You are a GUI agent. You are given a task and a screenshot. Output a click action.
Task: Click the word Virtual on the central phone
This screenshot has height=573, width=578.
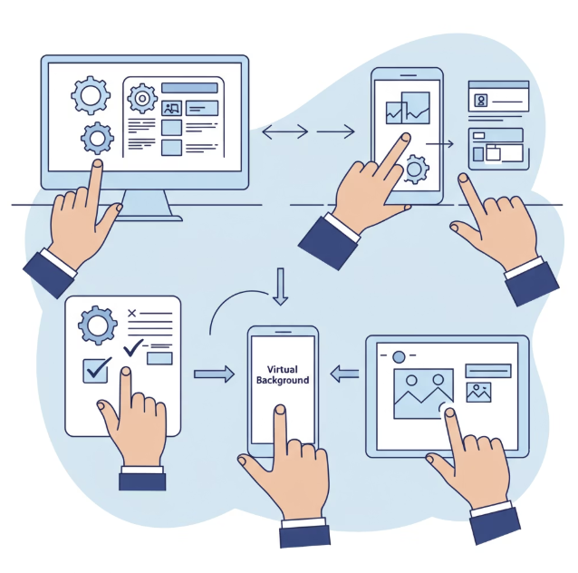tap(284, 370)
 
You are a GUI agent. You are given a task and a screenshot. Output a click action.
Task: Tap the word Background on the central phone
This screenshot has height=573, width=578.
tap(284, 381)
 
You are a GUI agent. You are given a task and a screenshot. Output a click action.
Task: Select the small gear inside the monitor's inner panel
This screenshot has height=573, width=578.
tap(141, 97)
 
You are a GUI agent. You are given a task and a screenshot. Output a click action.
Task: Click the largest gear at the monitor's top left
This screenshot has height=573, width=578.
tap(90, 94)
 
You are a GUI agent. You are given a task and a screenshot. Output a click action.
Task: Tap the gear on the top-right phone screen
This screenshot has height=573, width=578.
tap(416, 168)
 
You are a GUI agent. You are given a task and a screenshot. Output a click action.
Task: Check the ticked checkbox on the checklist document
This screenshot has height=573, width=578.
tap(96, 369)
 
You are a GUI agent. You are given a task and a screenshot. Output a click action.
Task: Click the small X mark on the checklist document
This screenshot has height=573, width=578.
tap(132, 313)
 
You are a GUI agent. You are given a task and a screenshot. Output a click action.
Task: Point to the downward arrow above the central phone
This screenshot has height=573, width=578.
tap(281, 286)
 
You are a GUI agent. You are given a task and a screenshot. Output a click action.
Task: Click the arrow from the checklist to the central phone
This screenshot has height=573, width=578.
tap(214, 374)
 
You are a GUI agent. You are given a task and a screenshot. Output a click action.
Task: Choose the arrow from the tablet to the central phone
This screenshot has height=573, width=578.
tap(344, 373)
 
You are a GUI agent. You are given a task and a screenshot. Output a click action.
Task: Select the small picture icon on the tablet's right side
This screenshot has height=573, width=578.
tap(478, 393)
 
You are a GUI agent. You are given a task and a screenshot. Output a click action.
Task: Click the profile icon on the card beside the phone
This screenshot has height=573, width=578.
tap(481, 100)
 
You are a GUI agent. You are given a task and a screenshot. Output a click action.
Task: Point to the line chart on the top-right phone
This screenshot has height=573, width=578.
tap(407, 109)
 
